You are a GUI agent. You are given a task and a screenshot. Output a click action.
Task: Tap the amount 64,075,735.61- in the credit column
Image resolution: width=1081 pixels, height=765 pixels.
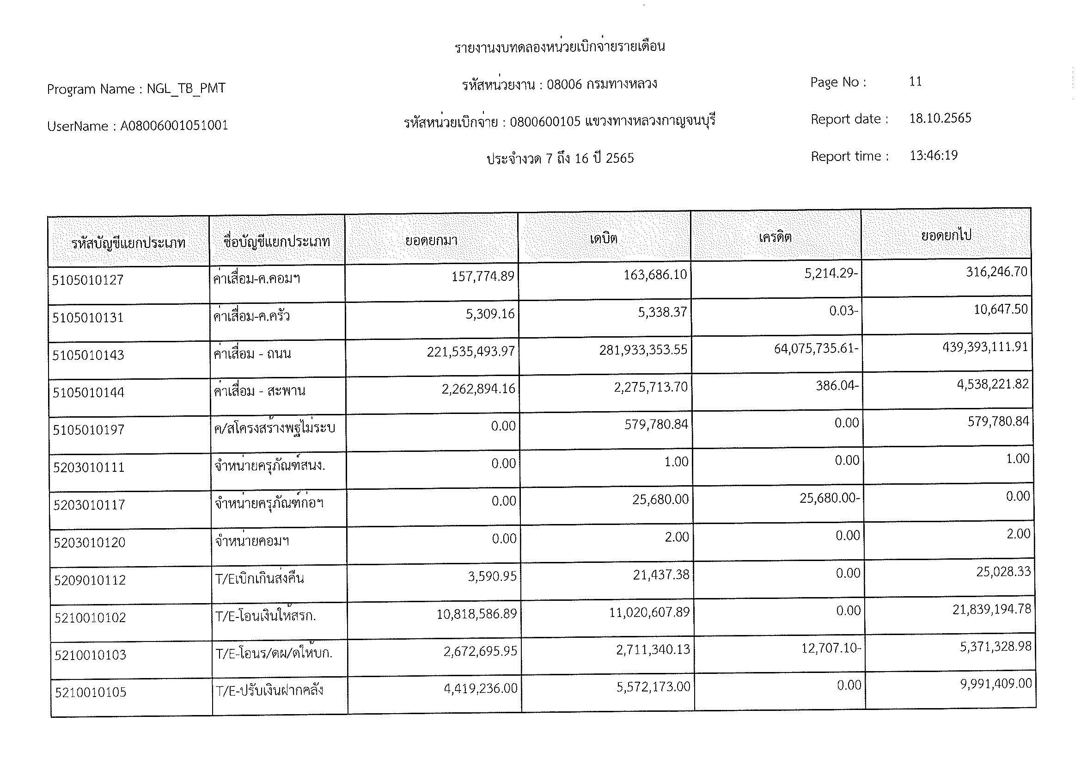pyautogui.click(x=815, y=349)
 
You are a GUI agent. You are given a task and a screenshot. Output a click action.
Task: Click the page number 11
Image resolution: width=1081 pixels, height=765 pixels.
pyautogui.click(x=915, y=81)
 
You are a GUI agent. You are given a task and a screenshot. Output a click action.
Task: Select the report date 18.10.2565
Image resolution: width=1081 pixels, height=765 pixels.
pyautogui.click(x=940, y=118)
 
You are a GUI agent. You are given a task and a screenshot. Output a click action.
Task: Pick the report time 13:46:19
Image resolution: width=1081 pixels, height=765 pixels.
pyautogui.click(x=933, y=155)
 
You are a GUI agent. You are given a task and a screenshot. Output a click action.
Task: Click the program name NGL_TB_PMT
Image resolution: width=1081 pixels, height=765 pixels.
pyautogui.click(x=186, y=88)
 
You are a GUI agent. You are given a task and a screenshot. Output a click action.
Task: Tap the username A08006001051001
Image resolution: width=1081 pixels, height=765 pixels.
pyautogui.click(x=174, y=126)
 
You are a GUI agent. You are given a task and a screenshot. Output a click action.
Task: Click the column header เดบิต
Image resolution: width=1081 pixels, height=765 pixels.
pyautogui.click(x=603, y=238)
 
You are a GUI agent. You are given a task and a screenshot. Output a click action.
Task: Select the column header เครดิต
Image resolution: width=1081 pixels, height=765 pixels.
pyautogui.click(x=775, y=237)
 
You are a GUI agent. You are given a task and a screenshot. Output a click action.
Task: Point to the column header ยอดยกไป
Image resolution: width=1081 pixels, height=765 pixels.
pyautogui.click(x=946, y=235)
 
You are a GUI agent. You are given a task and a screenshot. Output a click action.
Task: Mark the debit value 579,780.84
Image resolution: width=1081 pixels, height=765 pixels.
pyautogui.click(x=656, y=425)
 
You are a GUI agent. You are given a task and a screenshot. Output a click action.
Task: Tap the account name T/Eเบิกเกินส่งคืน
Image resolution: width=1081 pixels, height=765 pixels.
pyautogui.click(x=259, y=579)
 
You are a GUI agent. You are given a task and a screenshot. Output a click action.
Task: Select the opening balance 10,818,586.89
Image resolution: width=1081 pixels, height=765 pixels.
pyautogui.click(x=476, y=614)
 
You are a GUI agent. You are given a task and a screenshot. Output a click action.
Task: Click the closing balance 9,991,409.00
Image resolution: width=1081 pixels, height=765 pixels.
pyautogui.click(x=996, y=684)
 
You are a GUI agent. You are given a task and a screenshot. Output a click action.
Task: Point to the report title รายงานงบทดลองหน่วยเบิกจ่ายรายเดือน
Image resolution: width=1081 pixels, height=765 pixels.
pyautogui.click(x=559, y=47)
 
